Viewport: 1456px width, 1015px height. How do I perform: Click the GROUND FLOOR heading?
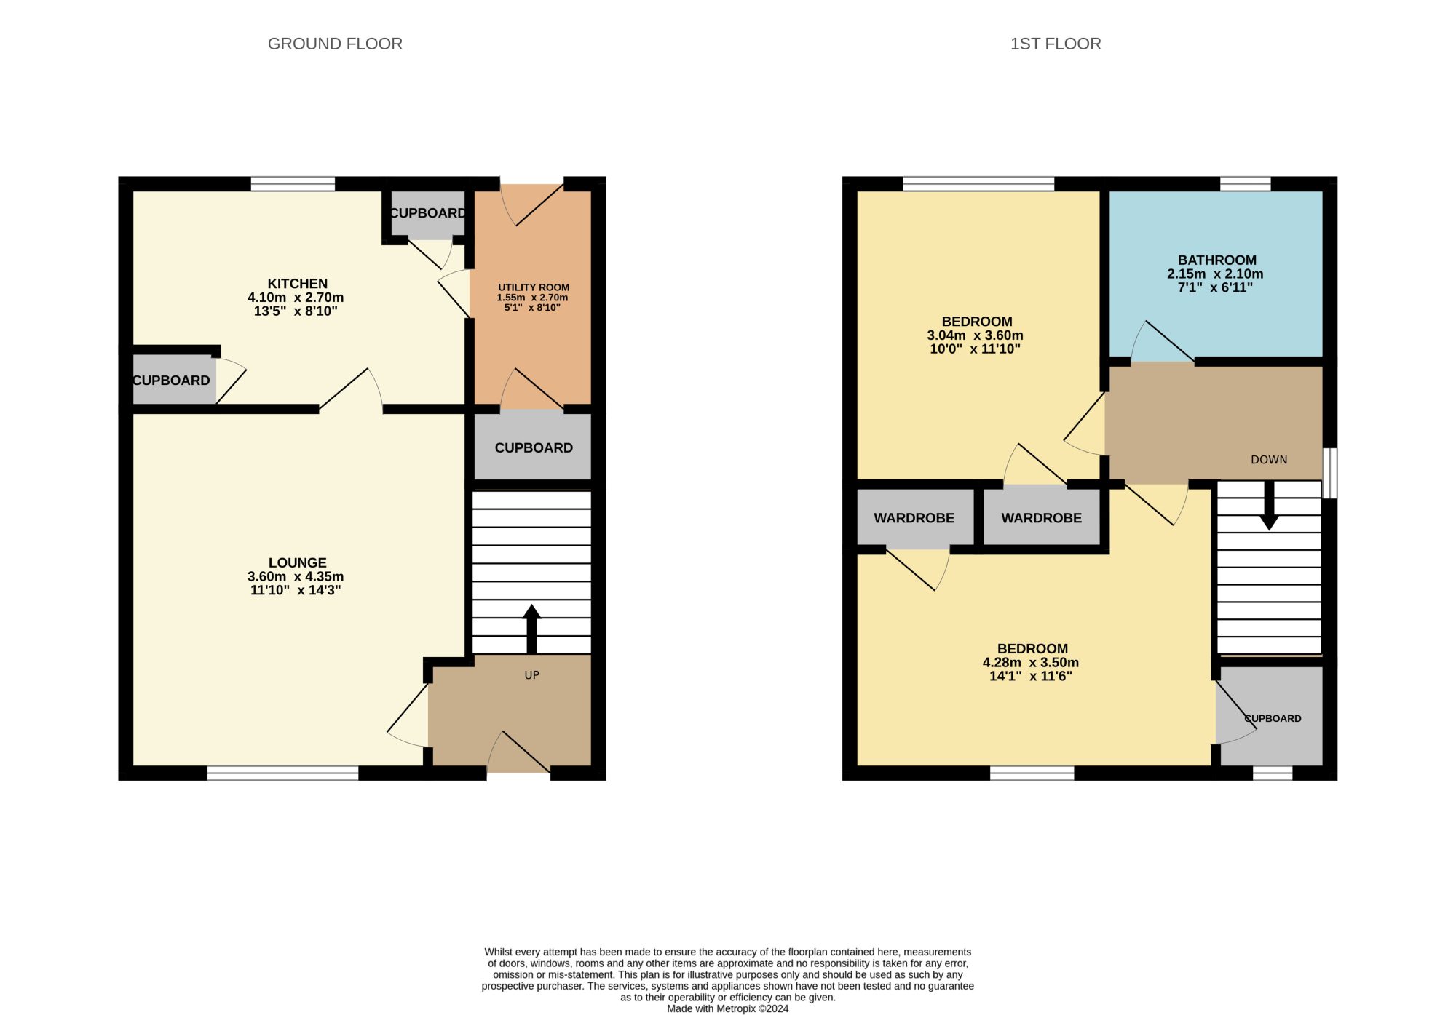point(335,44)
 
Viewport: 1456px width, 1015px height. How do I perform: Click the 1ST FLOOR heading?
point(1056,44)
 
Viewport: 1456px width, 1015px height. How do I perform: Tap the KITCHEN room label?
point(298,284)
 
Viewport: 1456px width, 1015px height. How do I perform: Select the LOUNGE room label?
point(298,562)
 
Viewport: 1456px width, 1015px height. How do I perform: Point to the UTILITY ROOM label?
point(534,287)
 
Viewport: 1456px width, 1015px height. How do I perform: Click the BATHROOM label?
point(1217,260)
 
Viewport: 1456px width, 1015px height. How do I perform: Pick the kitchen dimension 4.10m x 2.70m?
point(296,298)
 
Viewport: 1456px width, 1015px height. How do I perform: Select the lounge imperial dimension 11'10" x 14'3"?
point(296,590)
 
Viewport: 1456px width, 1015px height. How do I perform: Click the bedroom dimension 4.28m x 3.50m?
point(1031,663)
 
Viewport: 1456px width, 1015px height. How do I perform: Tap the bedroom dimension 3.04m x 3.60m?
point(976,335)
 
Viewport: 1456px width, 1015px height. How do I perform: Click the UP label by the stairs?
point(532,675)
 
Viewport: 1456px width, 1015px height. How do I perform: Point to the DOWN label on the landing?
point(1269,460)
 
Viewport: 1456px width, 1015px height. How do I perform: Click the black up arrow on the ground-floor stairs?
point(531,629)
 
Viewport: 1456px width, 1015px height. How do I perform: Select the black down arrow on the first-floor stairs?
point(1269,506)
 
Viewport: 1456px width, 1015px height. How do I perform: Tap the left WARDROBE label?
point(914,518)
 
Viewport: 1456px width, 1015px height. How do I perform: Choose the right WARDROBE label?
point(1042,518)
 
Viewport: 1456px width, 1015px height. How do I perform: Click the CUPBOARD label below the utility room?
point(534,448)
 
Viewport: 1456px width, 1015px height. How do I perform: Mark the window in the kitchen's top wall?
point(293,184)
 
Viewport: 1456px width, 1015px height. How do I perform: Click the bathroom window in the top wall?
point(1246,184)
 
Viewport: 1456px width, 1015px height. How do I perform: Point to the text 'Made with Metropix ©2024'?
point(728,1008)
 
